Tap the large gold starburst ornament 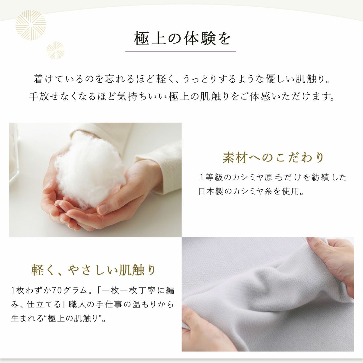pyautogui.click(x=31, y=25)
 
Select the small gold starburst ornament pyautogui.click(x=56, y=51)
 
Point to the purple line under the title pyautogui.click(x=181, y=51)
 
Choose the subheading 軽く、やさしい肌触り pyautogui.click(x=93, y=270)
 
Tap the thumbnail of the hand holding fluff pyautogui.click(x=95, y=180)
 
